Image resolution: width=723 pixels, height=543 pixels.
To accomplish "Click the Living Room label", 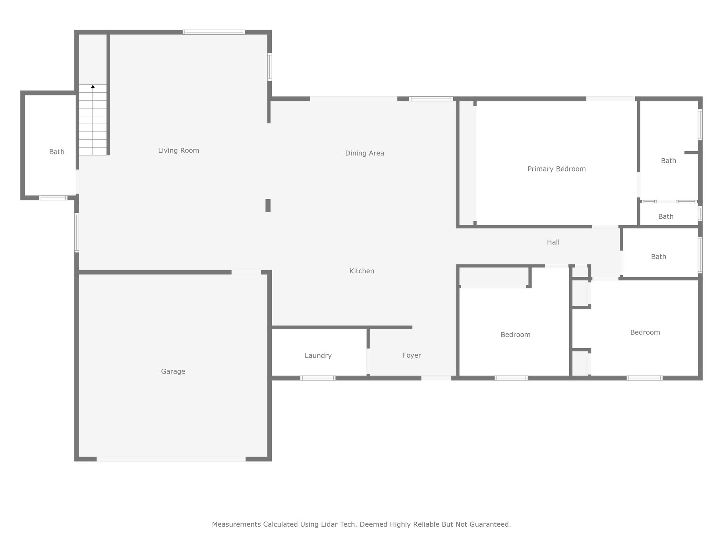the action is [178, 150].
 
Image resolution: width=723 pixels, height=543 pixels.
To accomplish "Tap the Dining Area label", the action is [364, 153].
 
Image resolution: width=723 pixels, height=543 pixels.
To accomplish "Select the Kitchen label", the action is [361, 271].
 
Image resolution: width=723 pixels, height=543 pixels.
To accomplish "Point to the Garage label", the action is [173, 372].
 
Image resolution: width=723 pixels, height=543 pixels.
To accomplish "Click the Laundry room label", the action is [318, 356].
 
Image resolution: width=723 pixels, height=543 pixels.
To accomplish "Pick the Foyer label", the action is [412, 355].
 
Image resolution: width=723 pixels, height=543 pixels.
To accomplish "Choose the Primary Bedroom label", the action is [556, 169].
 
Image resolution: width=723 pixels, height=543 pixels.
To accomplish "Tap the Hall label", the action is [553, 242].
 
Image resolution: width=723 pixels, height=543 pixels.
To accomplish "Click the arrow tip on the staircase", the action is [93, 85].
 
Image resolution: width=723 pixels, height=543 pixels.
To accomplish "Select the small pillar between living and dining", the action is [268, 206].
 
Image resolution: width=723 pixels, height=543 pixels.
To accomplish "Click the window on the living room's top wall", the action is [214, 32].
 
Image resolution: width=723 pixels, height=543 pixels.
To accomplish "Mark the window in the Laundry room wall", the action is [318, 378].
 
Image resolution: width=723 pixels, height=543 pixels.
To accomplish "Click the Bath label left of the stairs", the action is [56, 152].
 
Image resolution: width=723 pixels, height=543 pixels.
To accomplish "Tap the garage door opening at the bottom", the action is [171, 459].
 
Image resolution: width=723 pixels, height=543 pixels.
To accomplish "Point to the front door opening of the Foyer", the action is [436, 378].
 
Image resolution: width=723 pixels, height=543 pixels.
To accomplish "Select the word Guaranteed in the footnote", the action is [490, 524].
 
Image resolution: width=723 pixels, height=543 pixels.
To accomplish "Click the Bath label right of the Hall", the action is [658, 257].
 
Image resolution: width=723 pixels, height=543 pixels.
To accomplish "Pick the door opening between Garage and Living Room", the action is [246, 272].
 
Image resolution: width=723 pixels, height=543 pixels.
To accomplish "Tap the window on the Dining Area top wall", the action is [431, 99].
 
